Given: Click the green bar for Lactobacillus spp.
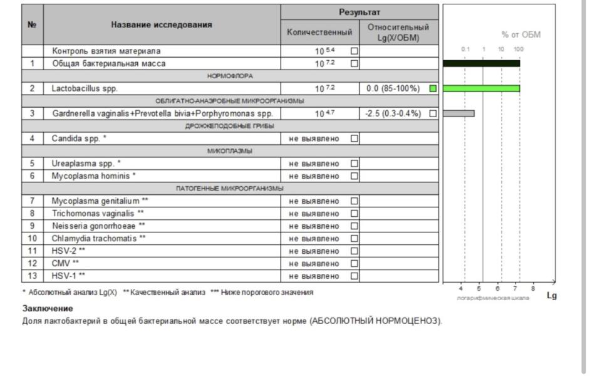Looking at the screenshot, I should pyautogui.click(x=481, y=88).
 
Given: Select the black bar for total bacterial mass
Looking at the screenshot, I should pyautogui.click(x=481, y=63).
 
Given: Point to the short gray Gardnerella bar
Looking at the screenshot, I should pyautogui.click(x=458, y=113).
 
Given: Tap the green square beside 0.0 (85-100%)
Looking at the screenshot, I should pyautogui.click(x=433, y=88).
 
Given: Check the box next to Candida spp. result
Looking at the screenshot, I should pyautogui.click(x=355, y=138).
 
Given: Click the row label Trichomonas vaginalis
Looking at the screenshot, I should pyautogui.click(x=98, y=214).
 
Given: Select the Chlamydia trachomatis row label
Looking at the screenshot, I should pyautogui.click(x=99, y=239).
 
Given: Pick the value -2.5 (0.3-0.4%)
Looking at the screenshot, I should pyautogui.click(x=393, y=113).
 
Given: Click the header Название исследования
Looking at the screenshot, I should pyautogui.click(x=162, y=25).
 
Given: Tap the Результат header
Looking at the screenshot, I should pyautogui.click(x=360, y=13).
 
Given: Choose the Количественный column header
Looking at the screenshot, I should pyautogui.click(x=319, y=32).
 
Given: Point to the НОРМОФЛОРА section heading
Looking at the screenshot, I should pyautogui.click(x=230, y=76).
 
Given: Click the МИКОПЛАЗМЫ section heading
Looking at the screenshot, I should pyautogui.click(x=230, y=151).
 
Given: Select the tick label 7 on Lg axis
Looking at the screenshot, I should pyautogui.click(x=515, y=288).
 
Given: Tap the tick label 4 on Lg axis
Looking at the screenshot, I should pyautogui.click(x=462, y=288).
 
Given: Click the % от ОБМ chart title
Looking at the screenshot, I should pyautogui.click(x=520, y=34).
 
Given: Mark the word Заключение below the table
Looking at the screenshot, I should pyautogui.click(x=48, y=308).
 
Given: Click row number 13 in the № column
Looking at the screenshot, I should pyautogui.click(x=33, y=276).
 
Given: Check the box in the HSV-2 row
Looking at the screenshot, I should pyautogui.click(x=355, y=251).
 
